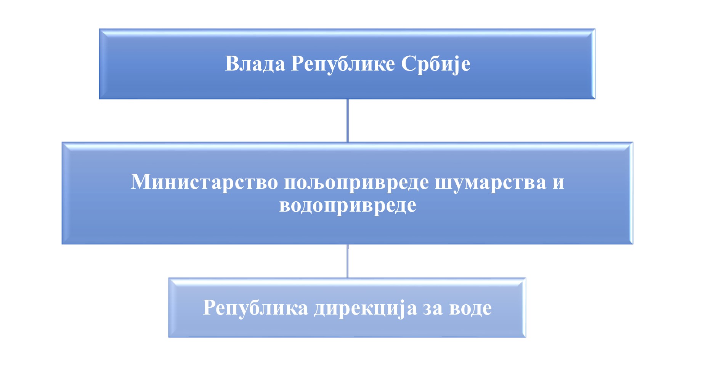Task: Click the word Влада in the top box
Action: pos(255,64)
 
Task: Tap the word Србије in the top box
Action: pos(436,64)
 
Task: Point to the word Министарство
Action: pos(204,181)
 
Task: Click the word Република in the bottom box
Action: pos(255,308)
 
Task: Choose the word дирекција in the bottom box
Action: pos(366,308)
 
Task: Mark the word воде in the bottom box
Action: pos(470,308)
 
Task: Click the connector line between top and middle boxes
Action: pos(347,120)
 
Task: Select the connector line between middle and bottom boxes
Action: pos(347,261)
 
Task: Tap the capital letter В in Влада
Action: pos(232,64)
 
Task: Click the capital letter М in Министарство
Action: pos(141,181)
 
